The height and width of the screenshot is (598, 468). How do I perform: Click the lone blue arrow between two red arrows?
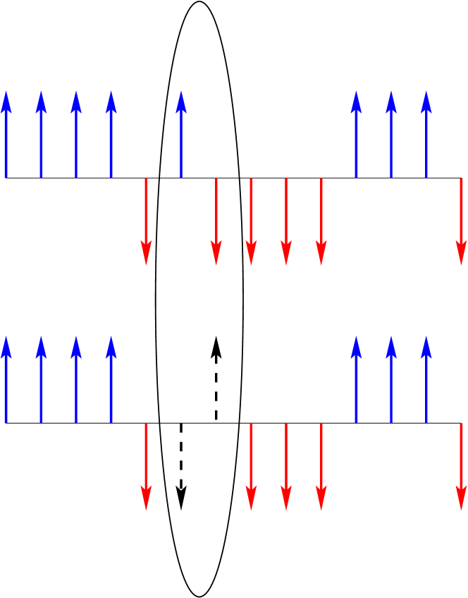pos(181,134)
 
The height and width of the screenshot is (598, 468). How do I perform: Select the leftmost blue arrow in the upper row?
pos(6,134)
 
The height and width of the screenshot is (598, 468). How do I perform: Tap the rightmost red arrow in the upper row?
pos(461,221)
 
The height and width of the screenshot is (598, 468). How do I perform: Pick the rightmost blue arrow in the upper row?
pos(426,134)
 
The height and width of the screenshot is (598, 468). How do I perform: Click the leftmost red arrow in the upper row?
pos(146,221)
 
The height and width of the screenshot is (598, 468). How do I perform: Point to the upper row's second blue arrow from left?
pos(41,134)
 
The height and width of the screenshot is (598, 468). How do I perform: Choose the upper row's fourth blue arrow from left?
pos(111,134)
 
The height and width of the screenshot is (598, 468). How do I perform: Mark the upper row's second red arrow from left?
pos(216,221)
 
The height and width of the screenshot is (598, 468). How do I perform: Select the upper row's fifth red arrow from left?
pos(321,221)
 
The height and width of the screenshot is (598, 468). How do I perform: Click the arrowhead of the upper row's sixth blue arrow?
pos(357,102)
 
